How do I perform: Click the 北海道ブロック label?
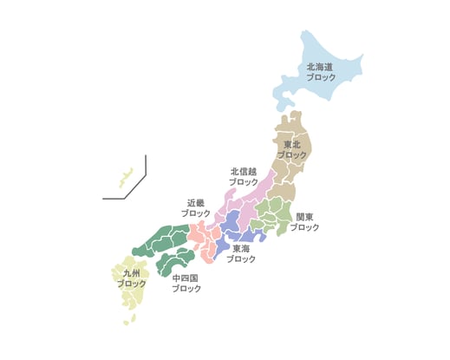click(321, 72)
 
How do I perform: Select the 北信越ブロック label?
click(243, 177)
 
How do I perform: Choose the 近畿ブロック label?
click(195, 207)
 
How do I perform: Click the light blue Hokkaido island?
click(334, 52)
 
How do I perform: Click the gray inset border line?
click(146, 169)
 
